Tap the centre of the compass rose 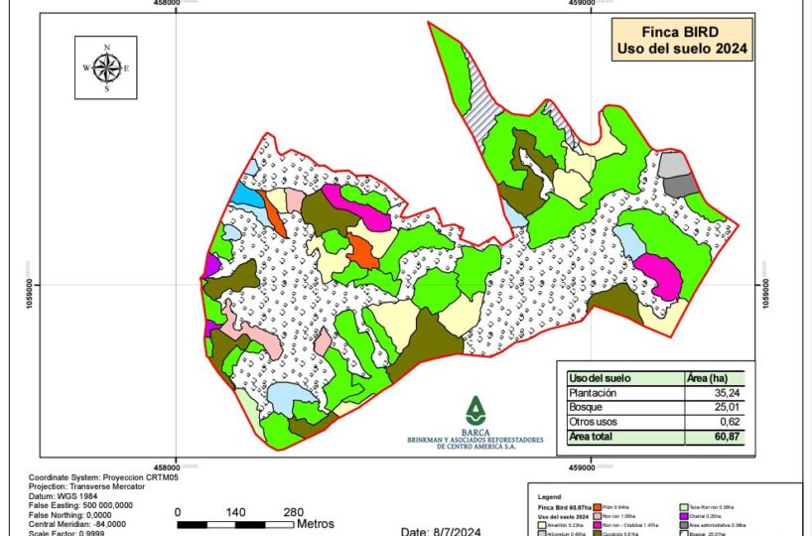(x=107, y=68)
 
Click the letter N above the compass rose (x=107, y=48)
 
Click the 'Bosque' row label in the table (x=585, y=407)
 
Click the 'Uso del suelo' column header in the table (x=600, y=378)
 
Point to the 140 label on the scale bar (x=236, y=512)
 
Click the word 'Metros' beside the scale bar (x=315, y=524)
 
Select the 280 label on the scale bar (x=294, y=512)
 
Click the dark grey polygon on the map (x=680, y=185)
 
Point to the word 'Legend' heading (x=548, y=495)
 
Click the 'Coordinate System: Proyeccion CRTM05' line (x=103, y=477)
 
